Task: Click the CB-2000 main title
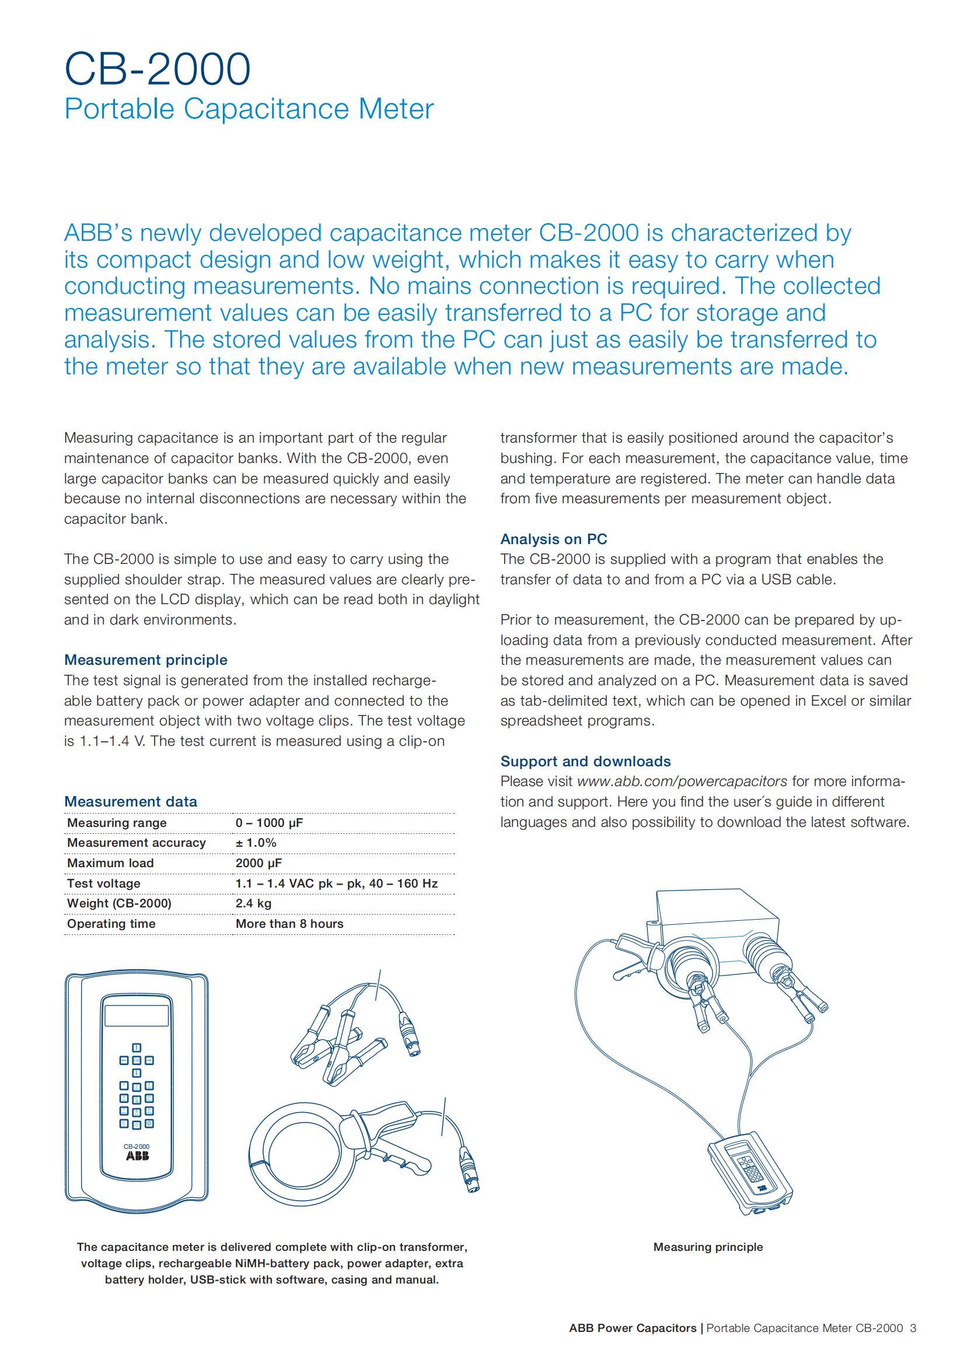coord(158,69)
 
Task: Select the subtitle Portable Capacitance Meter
coord(249,109)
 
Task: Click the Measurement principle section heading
coord(146,660)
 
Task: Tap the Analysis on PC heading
coord(554,539)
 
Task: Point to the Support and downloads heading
coord(585,761)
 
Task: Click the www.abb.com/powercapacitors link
coord(682,781)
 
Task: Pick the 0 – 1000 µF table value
coord(269,823)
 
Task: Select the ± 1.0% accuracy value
coord(256,843)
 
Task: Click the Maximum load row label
coord(110,863)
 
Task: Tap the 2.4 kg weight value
coord(253,903)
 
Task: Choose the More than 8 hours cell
coord(289,924)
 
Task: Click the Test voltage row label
coord(104,883)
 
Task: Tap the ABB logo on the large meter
coord(137,1156)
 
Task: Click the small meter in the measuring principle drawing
coord(751,1170)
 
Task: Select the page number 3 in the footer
coord(913,1328)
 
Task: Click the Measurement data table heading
coord(131,801)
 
